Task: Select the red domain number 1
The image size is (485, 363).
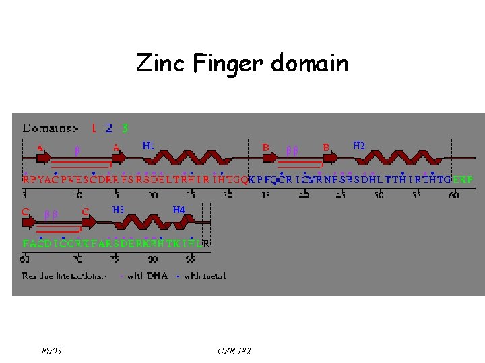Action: click(x=94, y=127)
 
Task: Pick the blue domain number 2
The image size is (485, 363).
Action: click(x=109, y=127)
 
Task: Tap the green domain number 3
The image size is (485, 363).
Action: click(x=125, y=127)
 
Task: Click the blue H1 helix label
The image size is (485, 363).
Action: click(x=148, y=145)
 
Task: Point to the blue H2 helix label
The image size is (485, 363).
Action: click(x=359, y=145)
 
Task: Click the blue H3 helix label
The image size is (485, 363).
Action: click(x=118, y=210)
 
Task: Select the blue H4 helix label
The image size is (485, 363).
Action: click(x=179, y=210)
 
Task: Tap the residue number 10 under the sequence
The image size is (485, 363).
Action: click(x=78, y=194)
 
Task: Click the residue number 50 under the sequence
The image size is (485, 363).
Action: click(x=379, y=194)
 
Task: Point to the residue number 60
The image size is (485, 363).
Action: click(x=453, y=194)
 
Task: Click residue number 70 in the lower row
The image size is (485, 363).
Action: click(x=78, y=258)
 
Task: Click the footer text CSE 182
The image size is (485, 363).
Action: click(x=234, y=350)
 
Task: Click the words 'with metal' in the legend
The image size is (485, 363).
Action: click(x=205, y=276)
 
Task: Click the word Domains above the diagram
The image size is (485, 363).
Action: click(x=47, y=128)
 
